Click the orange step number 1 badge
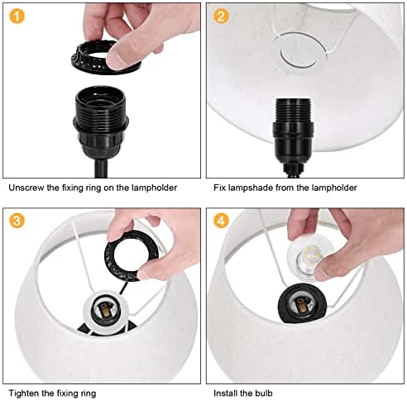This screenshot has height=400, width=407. pos(17,17)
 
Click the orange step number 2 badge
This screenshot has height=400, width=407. pos(221,17)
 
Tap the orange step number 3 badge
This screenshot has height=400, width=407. pos(17,221)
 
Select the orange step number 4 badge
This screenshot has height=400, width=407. pos(221,221)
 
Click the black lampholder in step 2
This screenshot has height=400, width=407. pos(293,131)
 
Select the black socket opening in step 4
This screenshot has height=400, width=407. pos(303,304)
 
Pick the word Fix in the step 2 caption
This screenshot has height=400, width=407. pos(219,188)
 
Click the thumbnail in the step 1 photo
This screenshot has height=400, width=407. pos(116,57)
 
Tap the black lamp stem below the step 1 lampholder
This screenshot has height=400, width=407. pos(101,169)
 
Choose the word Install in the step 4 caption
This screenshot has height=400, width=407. pos(223,393)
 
